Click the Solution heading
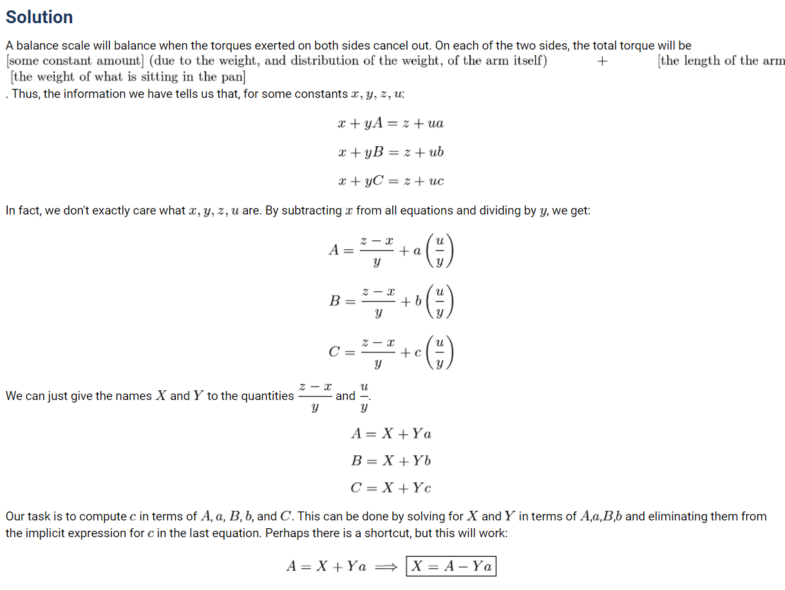(x=39, y=17)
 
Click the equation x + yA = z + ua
(x=390, y=123)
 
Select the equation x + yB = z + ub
(x=390, y=152)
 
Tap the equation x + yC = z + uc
(x=390, y=181)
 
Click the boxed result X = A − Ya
(x=451, y=567)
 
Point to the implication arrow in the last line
(x=387, y=567)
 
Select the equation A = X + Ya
(x=391, y=433)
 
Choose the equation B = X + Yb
(x=391, y=461)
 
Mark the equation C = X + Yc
(x=391, y=488)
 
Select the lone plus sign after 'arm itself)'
(x=602, y=61)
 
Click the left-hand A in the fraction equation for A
(x=334, y=250)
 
